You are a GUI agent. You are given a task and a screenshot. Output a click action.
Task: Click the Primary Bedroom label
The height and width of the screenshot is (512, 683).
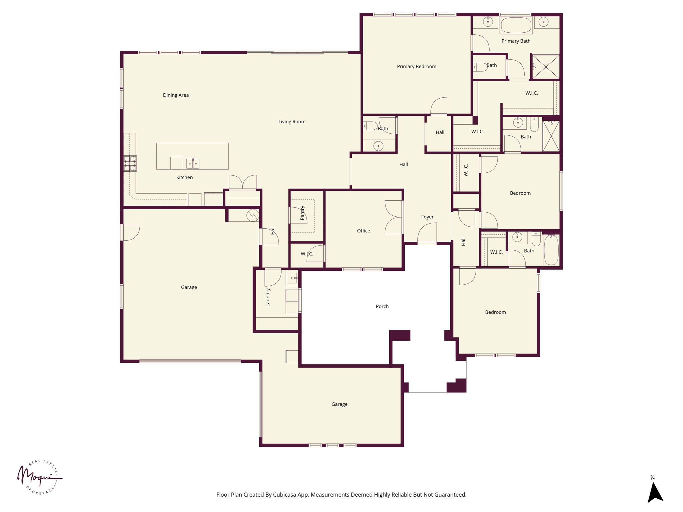417,66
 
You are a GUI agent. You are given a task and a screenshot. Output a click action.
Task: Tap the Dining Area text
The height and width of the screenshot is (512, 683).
176,95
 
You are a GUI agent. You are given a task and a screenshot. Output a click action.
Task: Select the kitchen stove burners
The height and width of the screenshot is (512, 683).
130,163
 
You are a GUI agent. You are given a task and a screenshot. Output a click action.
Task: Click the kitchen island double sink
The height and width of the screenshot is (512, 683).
193,163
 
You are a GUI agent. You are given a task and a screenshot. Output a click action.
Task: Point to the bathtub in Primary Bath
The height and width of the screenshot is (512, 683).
516,25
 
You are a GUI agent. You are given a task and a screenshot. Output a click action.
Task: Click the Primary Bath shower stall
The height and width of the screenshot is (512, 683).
546,67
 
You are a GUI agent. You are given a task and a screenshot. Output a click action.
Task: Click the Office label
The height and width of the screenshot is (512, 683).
364,231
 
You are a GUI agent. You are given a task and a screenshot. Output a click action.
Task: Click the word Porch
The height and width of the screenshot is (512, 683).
382,306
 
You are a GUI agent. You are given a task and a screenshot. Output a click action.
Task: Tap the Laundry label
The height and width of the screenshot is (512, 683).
268,297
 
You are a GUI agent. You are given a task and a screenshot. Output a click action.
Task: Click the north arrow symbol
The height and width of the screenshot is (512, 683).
655,493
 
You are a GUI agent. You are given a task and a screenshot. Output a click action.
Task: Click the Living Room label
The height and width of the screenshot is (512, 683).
292,122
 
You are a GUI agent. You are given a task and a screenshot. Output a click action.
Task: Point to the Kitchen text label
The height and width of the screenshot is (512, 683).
184,177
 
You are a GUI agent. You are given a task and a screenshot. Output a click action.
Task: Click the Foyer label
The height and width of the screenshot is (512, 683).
427,217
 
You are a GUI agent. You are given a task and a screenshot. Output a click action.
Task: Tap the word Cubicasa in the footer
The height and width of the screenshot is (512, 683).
285,495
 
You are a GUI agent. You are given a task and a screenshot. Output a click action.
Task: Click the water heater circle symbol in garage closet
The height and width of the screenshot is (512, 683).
253,215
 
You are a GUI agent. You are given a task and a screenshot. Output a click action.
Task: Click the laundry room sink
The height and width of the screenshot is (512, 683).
292,278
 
